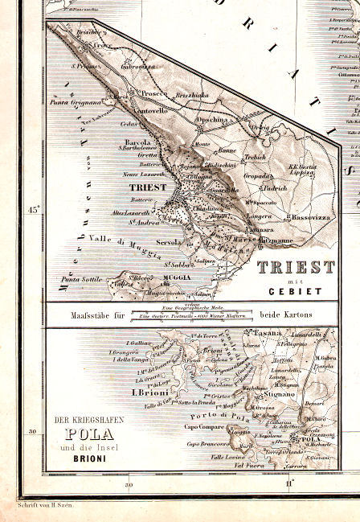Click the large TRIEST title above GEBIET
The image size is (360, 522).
[295, 267]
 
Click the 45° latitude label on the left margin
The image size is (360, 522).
[34, 210]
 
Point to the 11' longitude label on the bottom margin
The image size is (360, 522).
[289, 483]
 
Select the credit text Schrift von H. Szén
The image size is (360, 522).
[48, 507]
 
